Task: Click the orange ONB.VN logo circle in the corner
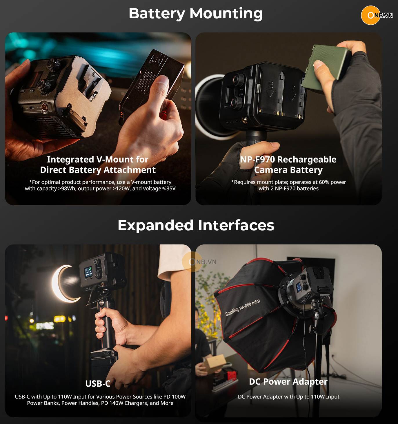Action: pyautogui.click(x=370, y=15)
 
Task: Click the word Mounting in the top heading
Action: pyautogui.click(x=226, y=13)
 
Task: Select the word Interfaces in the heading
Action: pyautogui.click(x=236, y=225)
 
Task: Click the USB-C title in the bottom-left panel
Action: pyautogui.click(x=98, y=384)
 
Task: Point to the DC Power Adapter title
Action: pyautogui.click(x=288, y=381)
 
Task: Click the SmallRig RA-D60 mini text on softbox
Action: pyautogui.click(x=243, y=308)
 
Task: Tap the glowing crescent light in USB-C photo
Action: pyautogui.click(x=62, y=284)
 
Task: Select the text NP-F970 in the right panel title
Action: pyautogui.click(x=257, y=160)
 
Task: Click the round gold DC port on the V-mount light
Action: pyautogui.click(x=45, y=107)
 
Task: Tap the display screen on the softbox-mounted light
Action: pyautogui.click(x=299, y=287)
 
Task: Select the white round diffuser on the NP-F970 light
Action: pyautogui.click(x=208, y=107)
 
